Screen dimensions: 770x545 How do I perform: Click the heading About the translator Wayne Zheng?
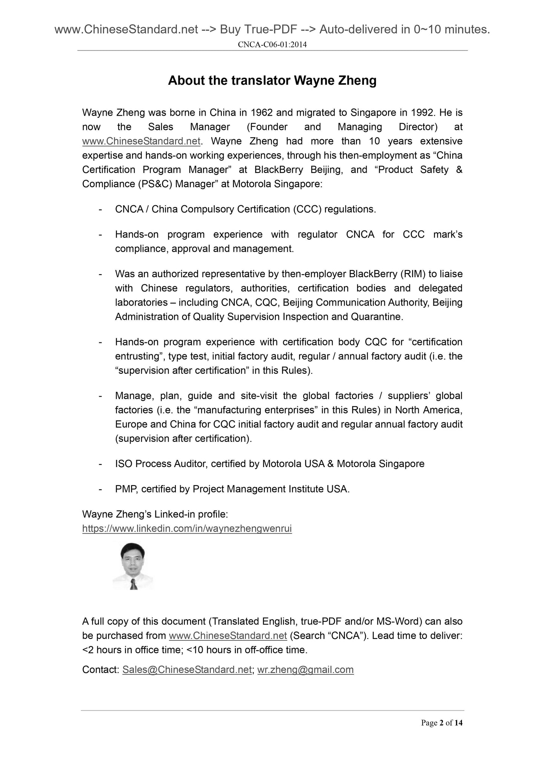click(272, 81)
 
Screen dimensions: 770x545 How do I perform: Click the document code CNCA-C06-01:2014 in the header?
click(272, 45)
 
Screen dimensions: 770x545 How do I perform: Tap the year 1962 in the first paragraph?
click(262, 113)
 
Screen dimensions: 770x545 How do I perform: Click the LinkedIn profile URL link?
click(187, 529)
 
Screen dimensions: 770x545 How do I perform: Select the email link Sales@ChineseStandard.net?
click(187, 670)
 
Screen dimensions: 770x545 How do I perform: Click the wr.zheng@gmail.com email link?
click(305, 670)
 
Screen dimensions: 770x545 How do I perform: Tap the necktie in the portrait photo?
click(133, 584)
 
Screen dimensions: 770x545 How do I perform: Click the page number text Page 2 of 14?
click(441, 723)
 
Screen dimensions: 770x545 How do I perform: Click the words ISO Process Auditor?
click(160, 464)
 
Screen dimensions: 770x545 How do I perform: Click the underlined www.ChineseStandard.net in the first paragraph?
click(141, 141)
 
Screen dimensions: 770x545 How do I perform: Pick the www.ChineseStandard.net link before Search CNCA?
click(228, 636)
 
